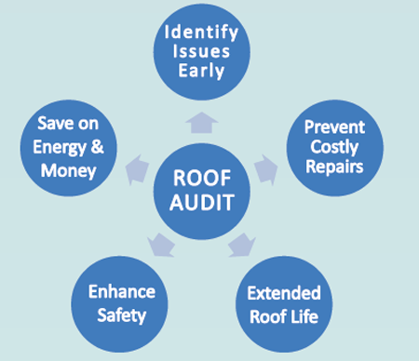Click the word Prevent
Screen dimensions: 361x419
point(333,127)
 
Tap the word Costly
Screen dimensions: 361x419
point(333,148)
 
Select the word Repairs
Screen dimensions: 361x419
point(333,168)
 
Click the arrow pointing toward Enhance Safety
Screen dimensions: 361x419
point(164,245)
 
